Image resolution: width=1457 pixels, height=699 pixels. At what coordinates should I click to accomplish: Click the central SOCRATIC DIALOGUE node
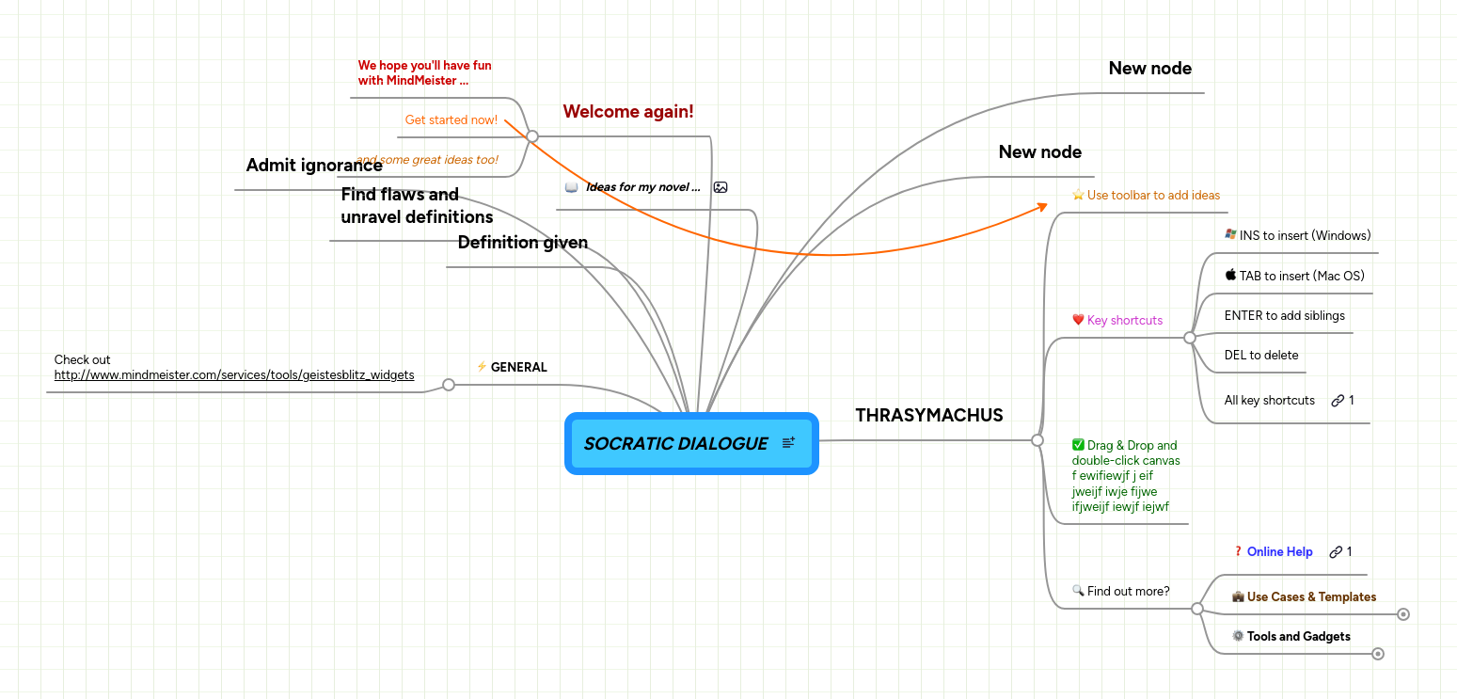coord(675,443)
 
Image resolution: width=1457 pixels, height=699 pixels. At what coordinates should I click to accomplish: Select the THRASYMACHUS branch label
coord(928,415)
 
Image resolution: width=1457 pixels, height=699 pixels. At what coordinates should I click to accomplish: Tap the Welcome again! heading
coord(627,112)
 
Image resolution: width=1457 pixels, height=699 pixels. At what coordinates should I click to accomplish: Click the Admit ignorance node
coord(314,166)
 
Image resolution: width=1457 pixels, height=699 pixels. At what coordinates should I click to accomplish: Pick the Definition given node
coord(522,243)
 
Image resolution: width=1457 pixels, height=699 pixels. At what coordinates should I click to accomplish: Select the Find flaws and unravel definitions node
coord(416,206)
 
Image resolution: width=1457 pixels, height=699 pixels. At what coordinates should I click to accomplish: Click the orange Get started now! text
coord(451,120)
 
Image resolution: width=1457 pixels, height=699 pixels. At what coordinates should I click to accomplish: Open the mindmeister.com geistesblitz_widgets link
coord(234,374)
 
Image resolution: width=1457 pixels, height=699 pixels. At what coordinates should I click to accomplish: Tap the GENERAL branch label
coord(518,367)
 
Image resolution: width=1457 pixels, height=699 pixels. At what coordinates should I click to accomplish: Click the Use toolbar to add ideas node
coord(1152,196)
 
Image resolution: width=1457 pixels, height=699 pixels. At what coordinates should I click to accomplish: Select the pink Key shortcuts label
coord(1124,320)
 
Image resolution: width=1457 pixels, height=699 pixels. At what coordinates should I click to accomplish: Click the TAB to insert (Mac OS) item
coord(1301,276)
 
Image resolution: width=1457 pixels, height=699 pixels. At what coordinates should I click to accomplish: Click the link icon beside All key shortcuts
coord(1338,401)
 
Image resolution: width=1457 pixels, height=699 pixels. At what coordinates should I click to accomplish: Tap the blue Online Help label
coord(1279,552)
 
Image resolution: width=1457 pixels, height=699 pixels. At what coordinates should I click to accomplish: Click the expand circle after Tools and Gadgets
coord(1378,653)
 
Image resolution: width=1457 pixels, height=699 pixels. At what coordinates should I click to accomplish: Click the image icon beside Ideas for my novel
coord(721,187)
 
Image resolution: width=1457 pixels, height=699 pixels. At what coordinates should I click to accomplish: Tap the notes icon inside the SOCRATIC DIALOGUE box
coord(788,442)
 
